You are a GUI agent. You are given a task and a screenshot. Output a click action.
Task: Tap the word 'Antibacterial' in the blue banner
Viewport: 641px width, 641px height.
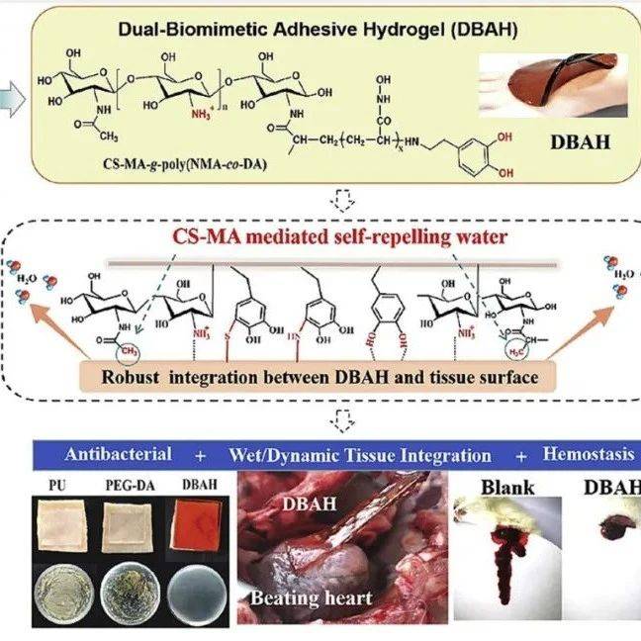coord(118,455)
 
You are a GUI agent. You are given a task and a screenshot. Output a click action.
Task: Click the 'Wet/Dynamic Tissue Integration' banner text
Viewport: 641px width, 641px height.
coord(360,455)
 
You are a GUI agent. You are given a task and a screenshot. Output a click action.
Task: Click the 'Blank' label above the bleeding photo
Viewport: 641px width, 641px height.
coord(508,487)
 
